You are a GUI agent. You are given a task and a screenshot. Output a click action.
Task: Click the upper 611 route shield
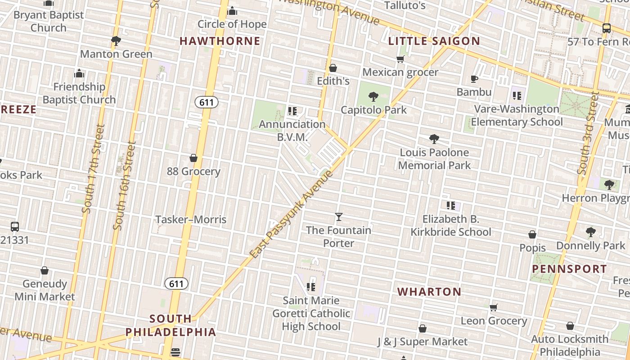pyautogui.click(x=207, y=102)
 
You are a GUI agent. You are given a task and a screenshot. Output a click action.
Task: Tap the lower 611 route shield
pyautogui.click(x=176, y=283)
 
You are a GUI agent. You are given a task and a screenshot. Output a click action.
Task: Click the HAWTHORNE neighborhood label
pyautogui.click(x=220, y=41)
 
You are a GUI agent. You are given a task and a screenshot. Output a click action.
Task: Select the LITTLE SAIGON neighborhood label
pyautogui.click(x=434, y=41)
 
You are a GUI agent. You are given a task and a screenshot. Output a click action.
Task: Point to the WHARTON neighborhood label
pyautogui.click(x=429, y=292)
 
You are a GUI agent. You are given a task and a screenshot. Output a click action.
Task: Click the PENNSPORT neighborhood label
pyautogui.click(x=569, y=269)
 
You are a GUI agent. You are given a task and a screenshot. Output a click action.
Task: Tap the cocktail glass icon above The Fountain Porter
pyautogui.click(x=339, y=217)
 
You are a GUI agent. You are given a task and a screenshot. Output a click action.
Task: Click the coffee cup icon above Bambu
pyautogui.click(x=474, y=79)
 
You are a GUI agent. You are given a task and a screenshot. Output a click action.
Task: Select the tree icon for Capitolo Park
pyautogui.click(x=373, y=96)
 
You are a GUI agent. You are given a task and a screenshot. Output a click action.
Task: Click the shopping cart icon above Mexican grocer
pyautogui.click(x=400, y=59)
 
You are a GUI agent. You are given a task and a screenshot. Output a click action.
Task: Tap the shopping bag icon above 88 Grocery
pyautogui.click(x=193, y=158)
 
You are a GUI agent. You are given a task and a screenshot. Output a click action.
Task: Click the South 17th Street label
pyautogui.click(x=94, y=169)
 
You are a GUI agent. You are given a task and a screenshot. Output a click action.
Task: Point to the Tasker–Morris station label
pyautogui.click(x=191, y=220)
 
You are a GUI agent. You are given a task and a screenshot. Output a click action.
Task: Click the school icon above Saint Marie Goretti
pyautogui.click(x=310, y=287)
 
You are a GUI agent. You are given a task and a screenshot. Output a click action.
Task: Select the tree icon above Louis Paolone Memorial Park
pyautogui.click(x=434, y=139)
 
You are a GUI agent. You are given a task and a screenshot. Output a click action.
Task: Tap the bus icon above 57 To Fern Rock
pyautogui.click(x=607, y=28)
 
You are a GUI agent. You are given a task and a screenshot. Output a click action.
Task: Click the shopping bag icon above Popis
pyautogui.click(x=532, y=234)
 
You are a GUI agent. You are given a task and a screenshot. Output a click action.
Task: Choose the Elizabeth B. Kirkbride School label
pyautogui.click(x=451, y=225)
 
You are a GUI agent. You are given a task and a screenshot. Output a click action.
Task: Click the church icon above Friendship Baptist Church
pyautogui.click(x=79, y=73)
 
